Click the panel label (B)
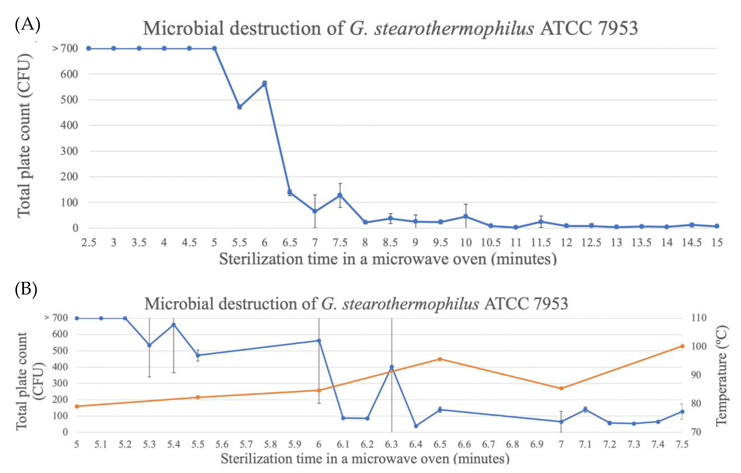26,289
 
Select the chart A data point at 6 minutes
264,84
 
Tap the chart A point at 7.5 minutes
340,195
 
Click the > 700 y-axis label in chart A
65,48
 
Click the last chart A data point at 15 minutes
717,226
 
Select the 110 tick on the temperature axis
699,318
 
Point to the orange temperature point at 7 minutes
561,388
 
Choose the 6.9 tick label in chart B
537,444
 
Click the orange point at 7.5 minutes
682,346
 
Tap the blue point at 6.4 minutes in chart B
416,426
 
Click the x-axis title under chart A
388,259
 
